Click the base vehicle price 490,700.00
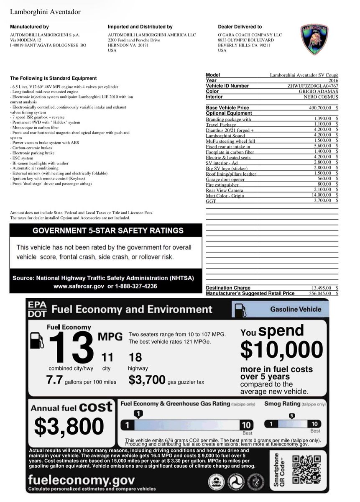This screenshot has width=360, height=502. (x=319, y=108)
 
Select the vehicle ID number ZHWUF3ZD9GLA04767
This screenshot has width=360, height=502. (x=312, y=86)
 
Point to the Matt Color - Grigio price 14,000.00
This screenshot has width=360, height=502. (x=321, y=195)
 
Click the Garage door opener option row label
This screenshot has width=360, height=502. (x=225, y=179)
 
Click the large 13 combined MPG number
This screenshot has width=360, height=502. (x=71, y=347)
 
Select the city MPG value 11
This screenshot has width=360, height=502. (x=107, y=357)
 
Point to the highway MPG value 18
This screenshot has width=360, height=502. (x=135, y=357)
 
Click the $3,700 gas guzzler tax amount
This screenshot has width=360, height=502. (x=146, y=380)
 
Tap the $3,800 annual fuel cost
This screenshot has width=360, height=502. (x=69, y=426)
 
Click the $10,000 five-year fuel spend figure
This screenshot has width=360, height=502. (x=281, y=350)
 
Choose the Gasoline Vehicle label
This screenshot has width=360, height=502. (x=295, y=310)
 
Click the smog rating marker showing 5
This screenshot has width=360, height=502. (x=292, y=416)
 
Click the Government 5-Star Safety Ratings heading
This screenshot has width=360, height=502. (x=108, y=231)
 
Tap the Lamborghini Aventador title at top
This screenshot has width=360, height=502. (x=45, y=12)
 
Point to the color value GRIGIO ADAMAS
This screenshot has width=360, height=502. (x=318, y=91)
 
